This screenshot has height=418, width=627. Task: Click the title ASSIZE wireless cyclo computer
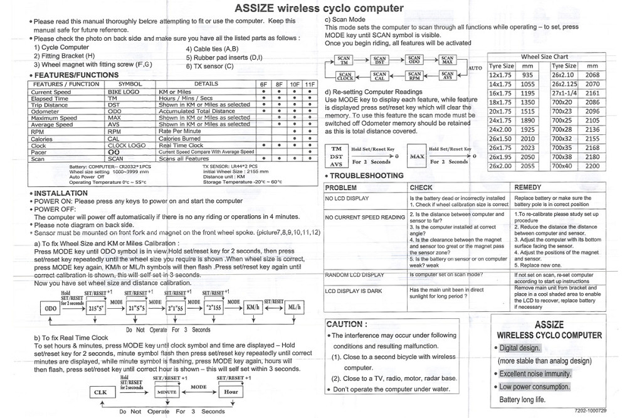tap(319, 8)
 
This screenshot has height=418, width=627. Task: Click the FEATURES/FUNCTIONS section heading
tap(76, 75)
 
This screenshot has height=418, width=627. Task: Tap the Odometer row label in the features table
tap(46, 111)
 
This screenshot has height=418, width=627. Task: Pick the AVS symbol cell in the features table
tap(115, 124)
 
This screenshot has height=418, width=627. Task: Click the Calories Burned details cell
tap(179, 138)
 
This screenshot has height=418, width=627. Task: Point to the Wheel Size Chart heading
tap(544, 56)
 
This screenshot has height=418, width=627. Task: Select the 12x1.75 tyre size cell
tap(501, 75)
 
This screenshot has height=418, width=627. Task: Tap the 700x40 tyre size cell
tap(562, 166)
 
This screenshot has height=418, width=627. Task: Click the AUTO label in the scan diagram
tap(475, 67)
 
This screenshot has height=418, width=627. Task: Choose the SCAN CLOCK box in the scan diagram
tap(345, 77)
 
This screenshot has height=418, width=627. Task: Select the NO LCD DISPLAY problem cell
tap(347, 198)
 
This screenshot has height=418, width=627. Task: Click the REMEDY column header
tap(527, 187)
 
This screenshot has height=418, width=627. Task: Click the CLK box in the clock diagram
tap(100, 392)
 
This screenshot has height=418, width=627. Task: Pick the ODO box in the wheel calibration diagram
tap(51, 308)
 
